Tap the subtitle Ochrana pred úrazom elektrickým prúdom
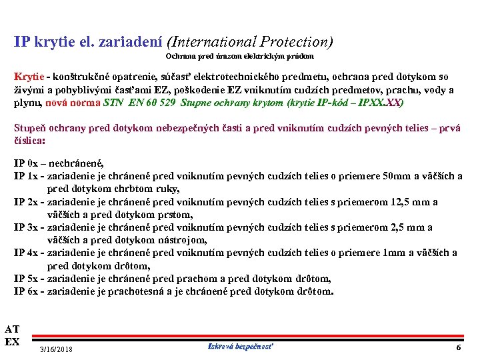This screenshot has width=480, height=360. (245, 57)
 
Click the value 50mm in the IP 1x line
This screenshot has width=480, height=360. (398, 176)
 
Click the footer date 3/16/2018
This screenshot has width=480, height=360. (57, 349)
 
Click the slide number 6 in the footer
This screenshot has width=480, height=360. (458, 348)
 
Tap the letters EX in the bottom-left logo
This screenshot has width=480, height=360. (12, 342)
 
